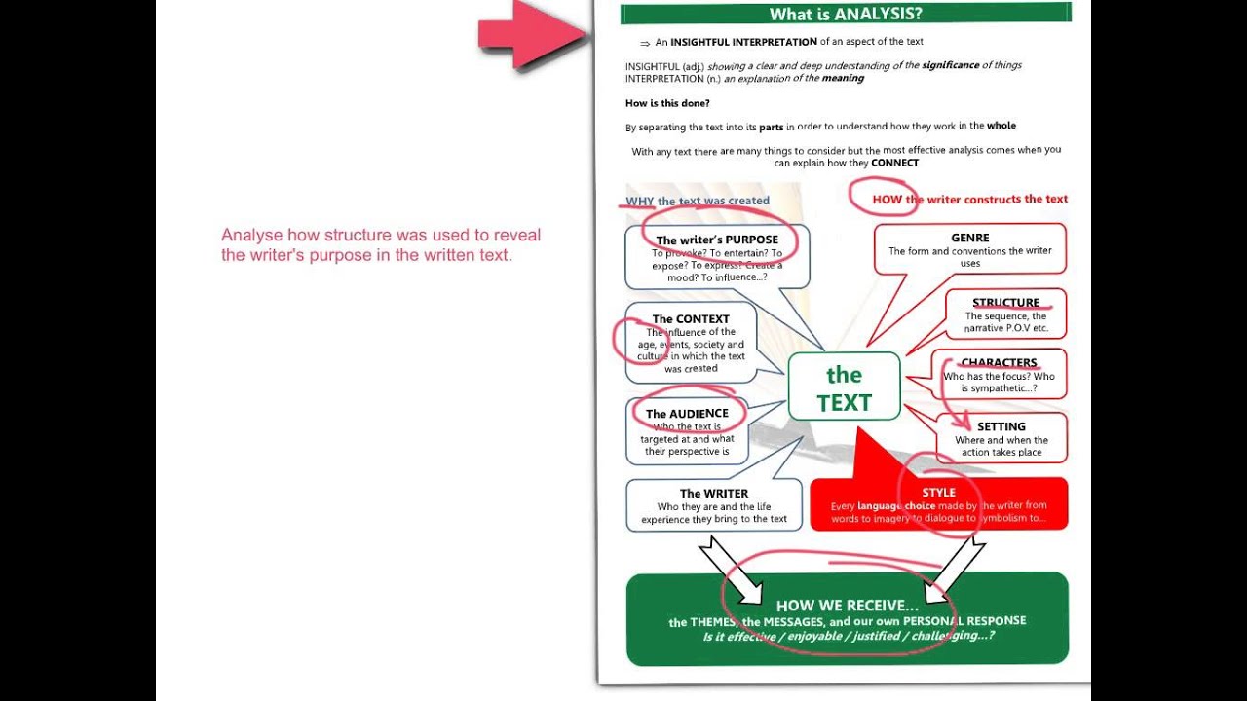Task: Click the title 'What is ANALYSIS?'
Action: point(846,14)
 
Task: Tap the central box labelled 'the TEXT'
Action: point(844,387)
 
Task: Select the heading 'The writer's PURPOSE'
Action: point(717,240)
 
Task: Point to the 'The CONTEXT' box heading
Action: point(691,318)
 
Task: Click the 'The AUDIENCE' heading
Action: point(687,414)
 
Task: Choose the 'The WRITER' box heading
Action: point(714,494)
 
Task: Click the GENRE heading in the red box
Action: point(969,238)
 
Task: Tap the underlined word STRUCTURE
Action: point(1005,303)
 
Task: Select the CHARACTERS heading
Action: point(999,363)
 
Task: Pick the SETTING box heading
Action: point(1001,426)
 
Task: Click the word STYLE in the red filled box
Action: point(938,492)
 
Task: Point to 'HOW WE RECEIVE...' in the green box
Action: point(847,606)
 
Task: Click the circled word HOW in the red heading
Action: point(888,200)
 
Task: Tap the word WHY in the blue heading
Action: point(639,202)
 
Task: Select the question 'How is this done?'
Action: point(667,103)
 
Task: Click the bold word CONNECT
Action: point(894,163)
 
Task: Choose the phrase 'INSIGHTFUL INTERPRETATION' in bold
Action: point(743,42)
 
